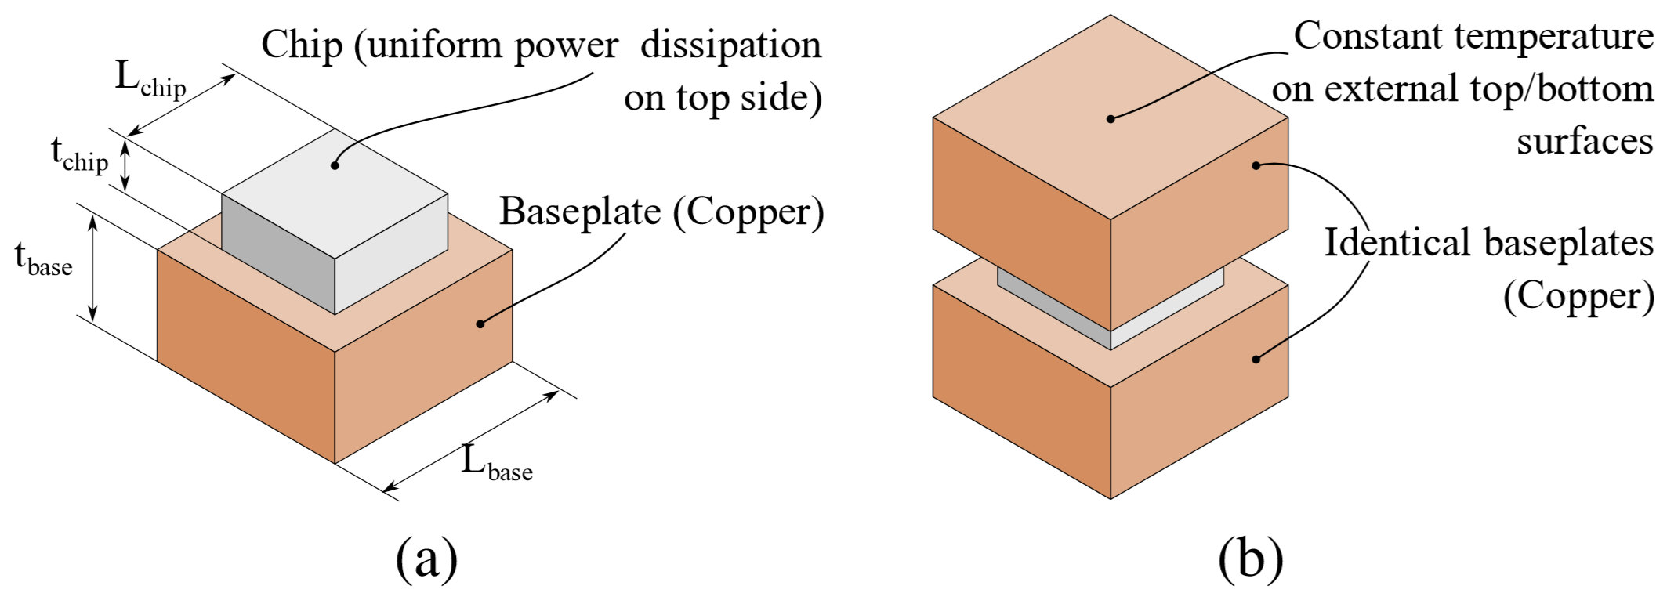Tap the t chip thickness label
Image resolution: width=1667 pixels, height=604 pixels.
[x=79, y=154]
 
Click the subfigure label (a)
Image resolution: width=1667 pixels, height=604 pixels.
[x=426, y=559]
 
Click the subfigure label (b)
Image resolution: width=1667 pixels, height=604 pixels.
[x=1251, y=559]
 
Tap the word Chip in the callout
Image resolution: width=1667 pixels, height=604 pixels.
[x=302, y=45]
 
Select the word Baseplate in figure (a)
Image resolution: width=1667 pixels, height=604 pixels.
[x=580, y=212]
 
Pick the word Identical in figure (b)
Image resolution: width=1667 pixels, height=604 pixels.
[x=1397, y=243]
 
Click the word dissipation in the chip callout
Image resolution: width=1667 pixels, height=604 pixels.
[x=730, y=45]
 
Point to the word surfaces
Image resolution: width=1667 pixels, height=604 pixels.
[x=1585, y=142]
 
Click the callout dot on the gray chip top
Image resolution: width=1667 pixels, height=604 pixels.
[x=335, y=165]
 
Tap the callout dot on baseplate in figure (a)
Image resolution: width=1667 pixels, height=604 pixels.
[x=480, y=323]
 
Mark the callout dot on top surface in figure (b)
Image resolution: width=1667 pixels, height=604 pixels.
[x=1111, y=119]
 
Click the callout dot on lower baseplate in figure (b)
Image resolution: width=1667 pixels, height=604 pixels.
[x=1256, y=360]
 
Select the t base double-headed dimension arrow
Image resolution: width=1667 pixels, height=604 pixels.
[x=92, y=269]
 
